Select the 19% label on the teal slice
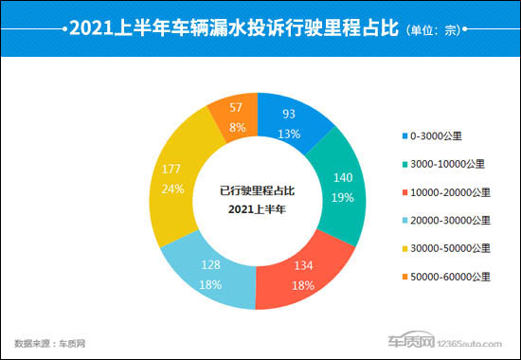[x=342, y=198]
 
